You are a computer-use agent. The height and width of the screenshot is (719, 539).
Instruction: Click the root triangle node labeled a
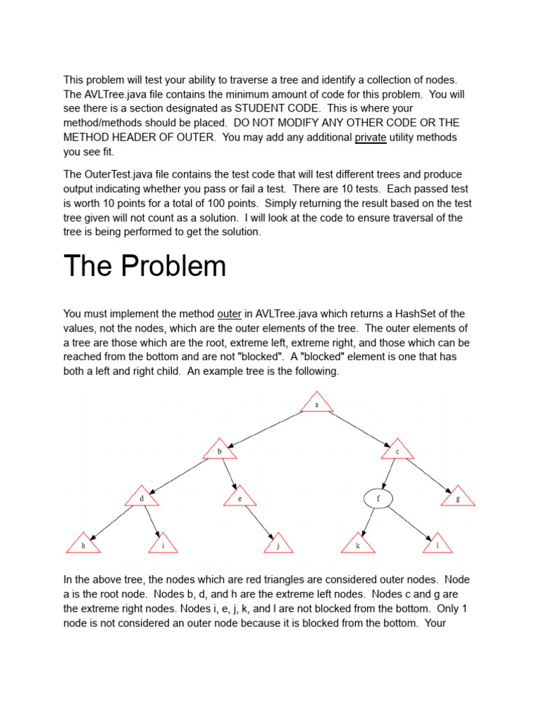317,404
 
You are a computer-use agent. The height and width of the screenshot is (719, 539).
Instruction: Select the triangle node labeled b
219,451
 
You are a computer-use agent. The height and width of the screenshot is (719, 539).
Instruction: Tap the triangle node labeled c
398,451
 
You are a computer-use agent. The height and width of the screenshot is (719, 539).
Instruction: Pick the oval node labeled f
378,499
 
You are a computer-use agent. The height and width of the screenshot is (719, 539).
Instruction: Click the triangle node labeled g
458,498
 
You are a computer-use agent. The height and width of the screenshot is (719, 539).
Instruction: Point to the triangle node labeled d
142,498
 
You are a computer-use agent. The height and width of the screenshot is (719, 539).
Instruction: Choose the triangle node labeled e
240,498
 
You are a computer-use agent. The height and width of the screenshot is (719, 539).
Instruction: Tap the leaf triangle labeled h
83,544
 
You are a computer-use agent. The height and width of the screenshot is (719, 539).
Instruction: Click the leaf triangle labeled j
279,544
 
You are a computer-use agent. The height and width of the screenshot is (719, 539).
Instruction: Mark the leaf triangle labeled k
358,544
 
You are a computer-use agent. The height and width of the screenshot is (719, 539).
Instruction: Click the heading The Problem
145,266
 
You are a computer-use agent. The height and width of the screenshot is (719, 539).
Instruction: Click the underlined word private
371,138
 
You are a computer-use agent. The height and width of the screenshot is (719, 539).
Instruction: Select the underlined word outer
229,314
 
